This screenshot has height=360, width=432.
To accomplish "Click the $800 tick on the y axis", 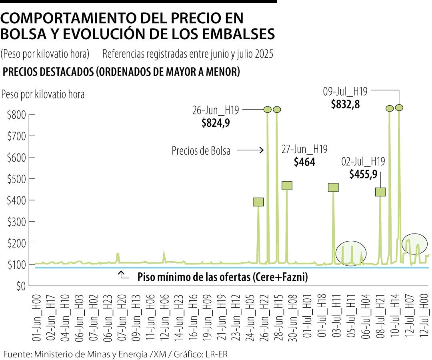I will (16, 115).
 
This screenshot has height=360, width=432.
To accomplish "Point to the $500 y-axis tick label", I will (16, 179).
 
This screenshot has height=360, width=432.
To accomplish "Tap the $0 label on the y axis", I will (20, 286).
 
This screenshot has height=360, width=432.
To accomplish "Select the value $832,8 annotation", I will (345, 104).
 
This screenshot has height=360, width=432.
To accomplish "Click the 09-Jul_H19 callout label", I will (345, 92).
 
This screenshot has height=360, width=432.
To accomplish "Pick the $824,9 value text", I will (216, 123).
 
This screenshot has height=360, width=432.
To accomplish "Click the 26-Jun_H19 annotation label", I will (215, 110).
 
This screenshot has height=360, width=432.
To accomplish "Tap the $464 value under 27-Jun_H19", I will (304, 162).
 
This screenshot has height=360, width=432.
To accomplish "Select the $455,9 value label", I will (363, 174).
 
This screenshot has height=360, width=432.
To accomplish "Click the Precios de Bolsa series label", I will (201, 151).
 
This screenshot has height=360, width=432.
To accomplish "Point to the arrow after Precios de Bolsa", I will (250, 150).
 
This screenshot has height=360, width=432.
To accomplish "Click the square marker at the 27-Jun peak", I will (287, 186).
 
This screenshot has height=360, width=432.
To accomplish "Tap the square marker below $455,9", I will (380, 192).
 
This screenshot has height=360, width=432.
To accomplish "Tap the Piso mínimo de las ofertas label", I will (222, 277).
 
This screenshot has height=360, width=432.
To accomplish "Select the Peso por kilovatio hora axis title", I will (43, 94).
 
